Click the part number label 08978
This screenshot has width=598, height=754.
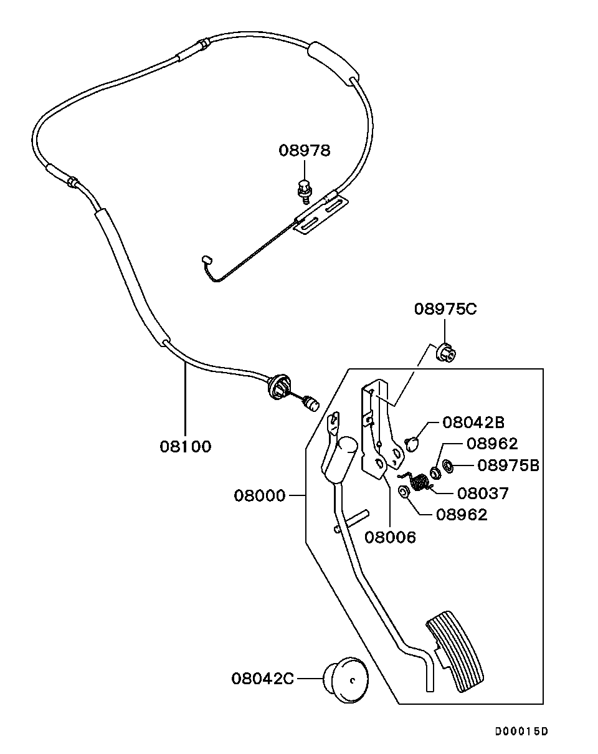(x=304, y=150)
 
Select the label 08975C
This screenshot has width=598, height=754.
(x=445, y=308)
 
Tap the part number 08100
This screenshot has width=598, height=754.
(x=186, y=446)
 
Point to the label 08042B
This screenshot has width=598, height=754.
(x=473, y=422)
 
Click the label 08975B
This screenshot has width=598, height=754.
(x=508, y=465)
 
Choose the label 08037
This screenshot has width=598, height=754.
(x=483, y=494)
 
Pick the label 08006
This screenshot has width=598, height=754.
(x=391, y=537)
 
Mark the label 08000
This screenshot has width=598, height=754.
(x=260, y=496)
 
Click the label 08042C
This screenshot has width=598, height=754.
(x=262, y=678)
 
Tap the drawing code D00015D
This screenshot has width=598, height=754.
(x=522, y=731)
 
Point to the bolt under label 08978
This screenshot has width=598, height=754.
(x=303, y=190)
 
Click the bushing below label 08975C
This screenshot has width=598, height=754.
(x=446, y=353)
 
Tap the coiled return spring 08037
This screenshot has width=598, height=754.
(x=420, y=482)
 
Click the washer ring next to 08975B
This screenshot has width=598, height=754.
(x=448, y=465)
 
